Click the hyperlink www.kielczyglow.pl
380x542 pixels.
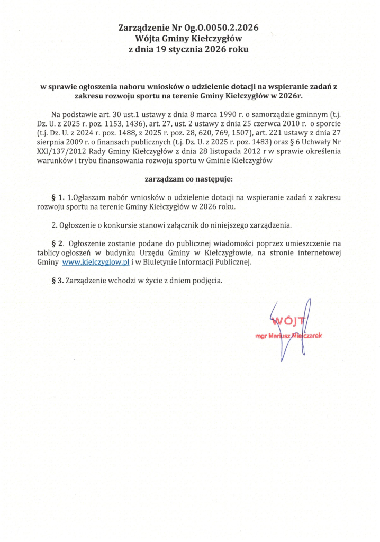point(96,262)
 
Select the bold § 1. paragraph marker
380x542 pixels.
point(58,197)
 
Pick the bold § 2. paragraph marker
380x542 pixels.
point(58,243)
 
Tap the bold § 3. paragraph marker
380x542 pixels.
point(58,281)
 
